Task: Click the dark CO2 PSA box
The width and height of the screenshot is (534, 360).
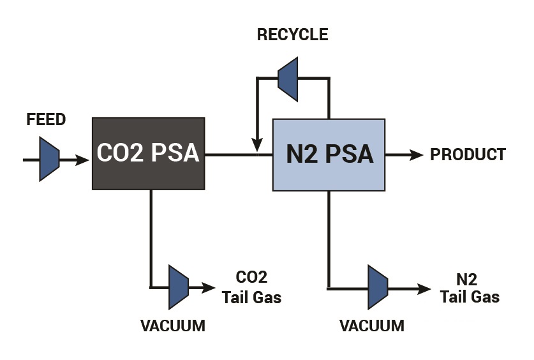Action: (x=149, y=154)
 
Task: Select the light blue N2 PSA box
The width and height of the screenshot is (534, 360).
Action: (x=329, y=155)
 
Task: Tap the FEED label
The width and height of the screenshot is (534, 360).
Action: (x=46, y=119)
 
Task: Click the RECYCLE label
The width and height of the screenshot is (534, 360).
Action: (x=293, y=34)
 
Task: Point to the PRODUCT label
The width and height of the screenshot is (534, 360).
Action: (x=468, y=154)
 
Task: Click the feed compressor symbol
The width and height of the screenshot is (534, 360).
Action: (x=49, y=159)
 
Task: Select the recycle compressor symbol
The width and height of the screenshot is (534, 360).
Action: (x=288, y=79)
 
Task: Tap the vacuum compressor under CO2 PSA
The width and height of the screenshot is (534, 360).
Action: (x=179, y=287)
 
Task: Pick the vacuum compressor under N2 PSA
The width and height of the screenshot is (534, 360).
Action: (x=378, y=287)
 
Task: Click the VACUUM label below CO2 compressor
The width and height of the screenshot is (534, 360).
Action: (x=173, y=326)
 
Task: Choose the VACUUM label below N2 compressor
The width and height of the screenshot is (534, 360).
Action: (x=372, y=326)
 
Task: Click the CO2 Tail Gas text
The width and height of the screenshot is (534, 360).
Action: (x=251, y=287)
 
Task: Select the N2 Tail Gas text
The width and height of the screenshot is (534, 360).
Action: (x=470, y=288)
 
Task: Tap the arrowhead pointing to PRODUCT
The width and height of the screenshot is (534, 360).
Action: (x=416, y=155)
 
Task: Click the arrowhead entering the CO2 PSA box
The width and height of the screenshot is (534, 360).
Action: (x=82, y=160)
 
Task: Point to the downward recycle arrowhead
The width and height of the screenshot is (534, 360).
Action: (x=257, y=145)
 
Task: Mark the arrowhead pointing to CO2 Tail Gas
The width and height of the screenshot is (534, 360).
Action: (x=208, y=288)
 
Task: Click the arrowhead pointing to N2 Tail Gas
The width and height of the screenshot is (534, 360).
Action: (x=424, y=289)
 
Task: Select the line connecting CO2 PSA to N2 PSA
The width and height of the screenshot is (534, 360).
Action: (x=239, y=155)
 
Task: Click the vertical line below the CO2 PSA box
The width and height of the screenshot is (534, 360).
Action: (x=151, y=239)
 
